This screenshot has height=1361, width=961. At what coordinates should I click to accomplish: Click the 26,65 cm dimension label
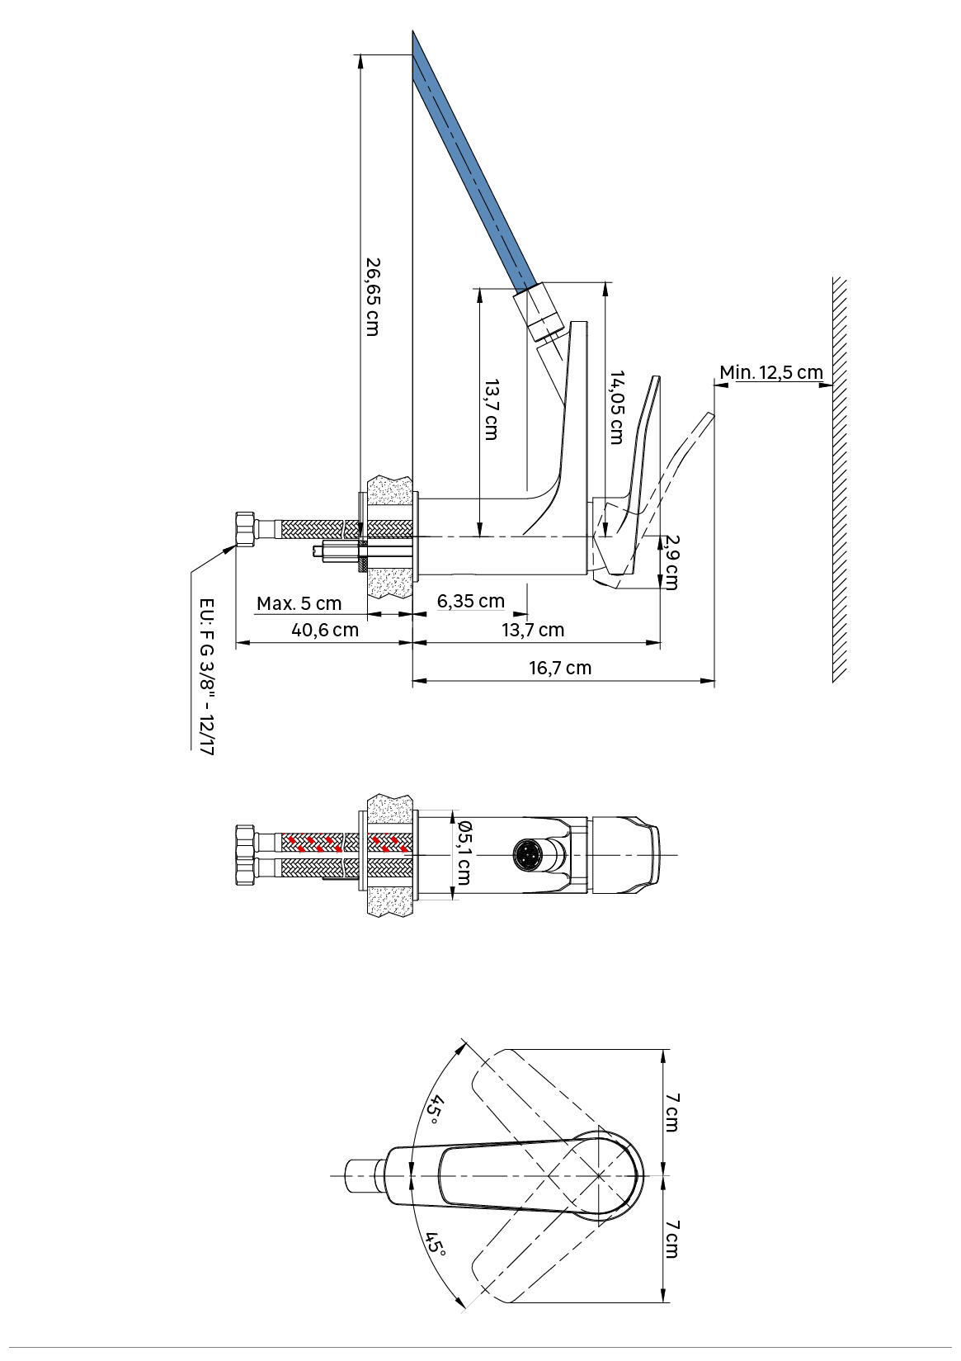tap(372, 296)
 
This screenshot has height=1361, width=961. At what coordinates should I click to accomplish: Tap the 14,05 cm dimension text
tap(617, 407)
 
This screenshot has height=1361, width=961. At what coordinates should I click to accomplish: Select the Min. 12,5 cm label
tap(771, 372)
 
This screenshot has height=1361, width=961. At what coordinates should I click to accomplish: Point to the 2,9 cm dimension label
tap(670, 561)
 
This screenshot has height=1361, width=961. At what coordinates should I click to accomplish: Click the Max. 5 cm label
tap(299, 603)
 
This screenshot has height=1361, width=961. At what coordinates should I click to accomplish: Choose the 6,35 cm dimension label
tap(470, 601)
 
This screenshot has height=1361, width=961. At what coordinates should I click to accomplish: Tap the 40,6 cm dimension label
tap(325, 630)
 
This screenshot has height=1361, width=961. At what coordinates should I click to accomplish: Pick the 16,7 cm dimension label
tap(560, 668)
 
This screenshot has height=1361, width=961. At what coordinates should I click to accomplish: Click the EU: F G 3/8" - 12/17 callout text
tap(207, 677)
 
